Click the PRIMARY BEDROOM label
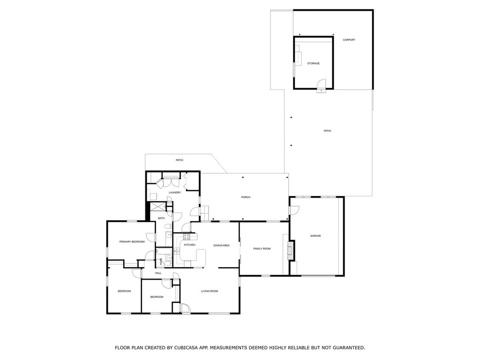coord(132,242)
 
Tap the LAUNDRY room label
coord(175,193)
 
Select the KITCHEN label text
coord(189,245)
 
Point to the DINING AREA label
coord(221,246)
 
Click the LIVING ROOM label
coord(210,291)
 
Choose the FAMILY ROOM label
coord(262,249)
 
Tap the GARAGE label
coord(315,236)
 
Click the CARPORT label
coord(349,40)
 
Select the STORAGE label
coord(314,63)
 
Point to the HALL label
coord(158,273)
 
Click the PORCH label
coord(246,197)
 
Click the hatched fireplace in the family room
coord(291,251)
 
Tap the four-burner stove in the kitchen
coord(187,237)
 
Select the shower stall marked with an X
coord(157,206)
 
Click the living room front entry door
coord(185,308)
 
